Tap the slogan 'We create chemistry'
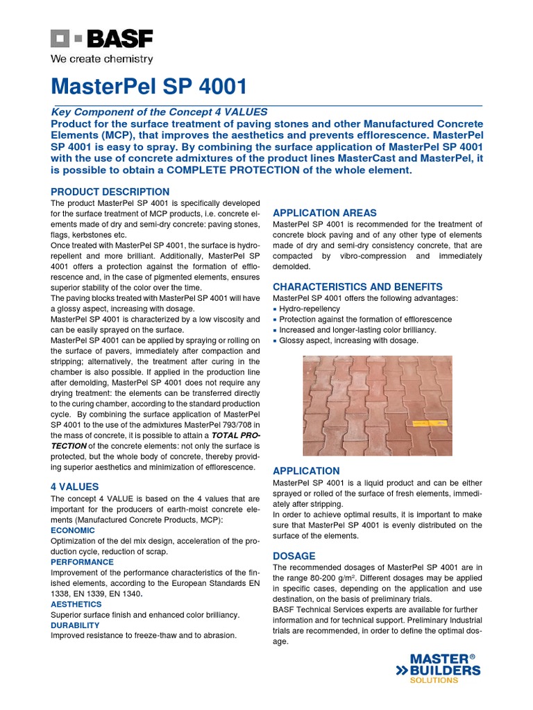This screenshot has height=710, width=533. coord(102,60)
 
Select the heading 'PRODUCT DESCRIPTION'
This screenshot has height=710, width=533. coord(110,191)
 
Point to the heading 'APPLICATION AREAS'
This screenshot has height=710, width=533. coord(325,213)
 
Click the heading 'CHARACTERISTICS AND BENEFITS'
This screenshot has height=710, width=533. coord(357,286)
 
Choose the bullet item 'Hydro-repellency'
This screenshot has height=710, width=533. coord(310,309)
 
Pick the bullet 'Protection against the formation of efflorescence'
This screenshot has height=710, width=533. coord(365,319)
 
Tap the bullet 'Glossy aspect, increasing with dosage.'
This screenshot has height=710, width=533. coord(348,340)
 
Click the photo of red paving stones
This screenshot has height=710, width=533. coord(378,406)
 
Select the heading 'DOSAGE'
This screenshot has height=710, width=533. coord(294,556)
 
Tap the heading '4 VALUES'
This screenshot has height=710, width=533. coord(75,487)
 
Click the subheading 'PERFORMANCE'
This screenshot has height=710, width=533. coord(82,562)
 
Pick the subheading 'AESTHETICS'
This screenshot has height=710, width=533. coord(76,605)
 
